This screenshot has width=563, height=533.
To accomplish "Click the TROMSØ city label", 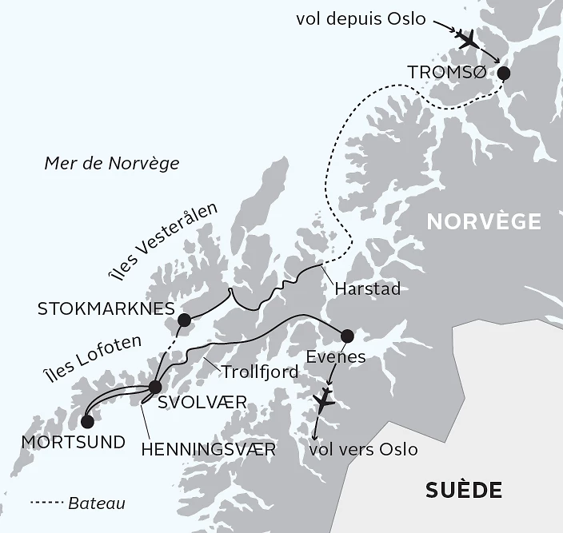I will point(446,73).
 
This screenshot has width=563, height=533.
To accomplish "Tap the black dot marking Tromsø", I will point(504,74).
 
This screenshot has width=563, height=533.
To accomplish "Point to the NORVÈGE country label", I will point(483,221).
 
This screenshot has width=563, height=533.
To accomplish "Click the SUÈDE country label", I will point(465,488).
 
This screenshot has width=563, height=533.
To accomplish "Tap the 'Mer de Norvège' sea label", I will point(112,163).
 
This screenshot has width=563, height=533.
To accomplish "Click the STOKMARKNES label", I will point(106,307).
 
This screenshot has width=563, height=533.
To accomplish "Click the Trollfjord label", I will point(260,372).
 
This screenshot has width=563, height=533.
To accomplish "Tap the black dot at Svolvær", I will point(155,388).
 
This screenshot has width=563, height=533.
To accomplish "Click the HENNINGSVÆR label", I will point(208,450).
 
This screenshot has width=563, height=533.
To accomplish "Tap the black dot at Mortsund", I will point(87,421).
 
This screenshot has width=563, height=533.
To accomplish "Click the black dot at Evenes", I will point(347,336).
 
